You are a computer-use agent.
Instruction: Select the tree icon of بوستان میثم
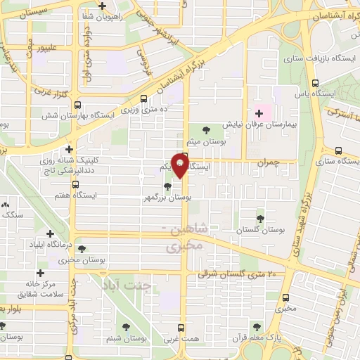point(205,129)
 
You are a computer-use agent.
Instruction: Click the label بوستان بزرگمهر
point(166,198)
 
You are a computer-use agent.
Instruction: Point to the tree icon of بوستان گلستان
point(261,219)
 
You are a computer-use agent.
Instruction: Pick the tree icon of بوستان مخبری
point(82,249)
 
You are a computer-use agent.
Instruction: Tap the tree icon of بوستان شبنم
point(125,326)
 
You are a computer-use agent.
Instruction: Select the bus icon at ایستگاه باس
point(314,82)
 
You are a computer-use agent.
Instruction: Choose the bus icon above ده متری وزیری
point(144,99)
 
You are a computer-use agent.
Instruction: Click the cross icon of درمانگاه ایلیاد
point(50,233)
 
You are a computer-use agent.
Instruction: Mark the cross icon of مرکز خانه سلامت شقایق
point(40,273)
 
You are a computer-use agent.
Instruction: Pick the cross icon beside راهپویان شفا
point(103,6)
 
